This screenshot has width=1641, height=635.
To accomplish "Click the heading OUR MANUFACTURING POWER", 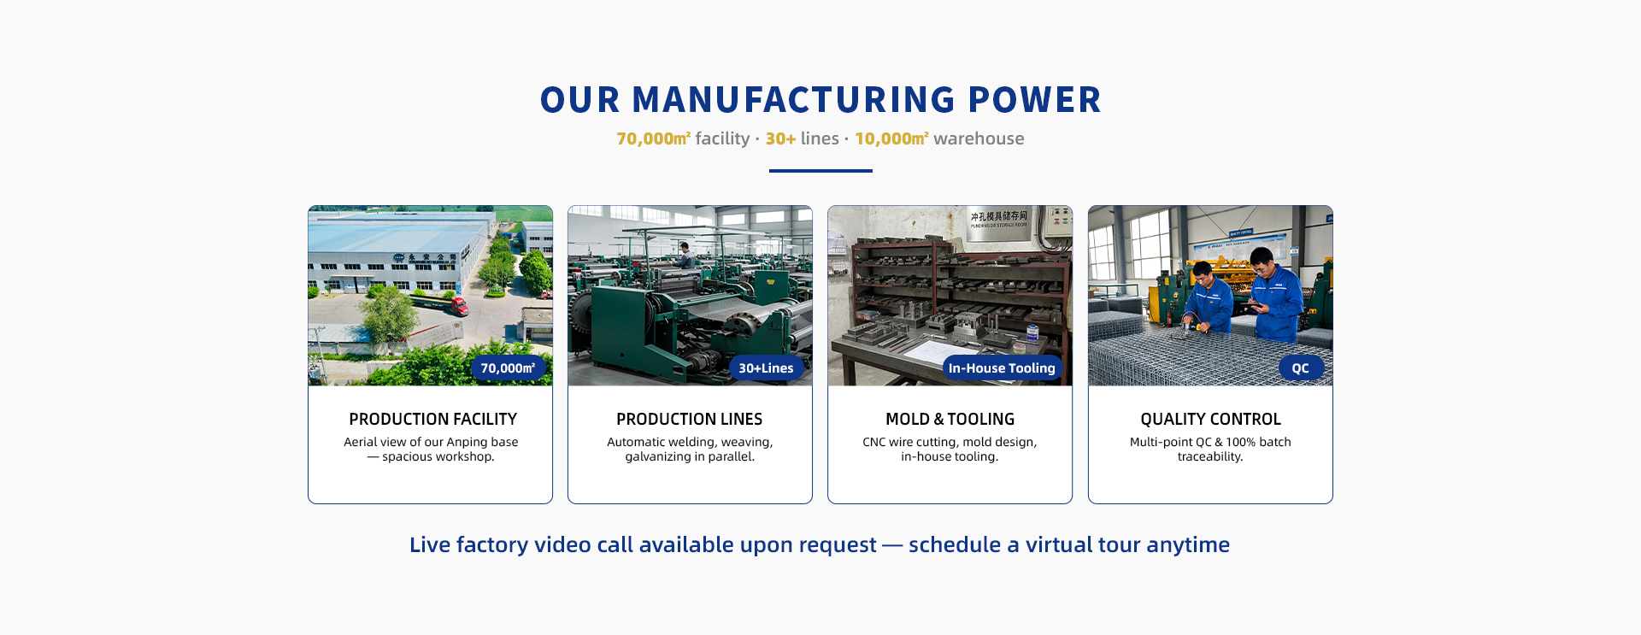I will coord(820,100).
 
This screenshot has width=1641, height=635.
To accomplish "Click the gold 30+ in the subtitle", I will coord(780,138).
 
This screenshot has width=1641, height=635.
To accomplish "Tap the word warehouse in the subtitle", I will coord(979,138).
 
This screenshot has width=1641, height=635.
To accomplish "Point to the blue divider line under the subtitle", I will coord(820,171).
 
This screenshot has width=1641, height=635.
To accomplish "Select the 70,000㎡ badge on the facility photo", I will coord(508,368).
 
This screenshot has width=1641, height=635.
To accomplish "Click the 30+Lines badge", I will coord(766,368).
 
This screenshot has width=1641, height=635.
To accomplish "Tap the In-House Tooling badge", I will coord(1002,368).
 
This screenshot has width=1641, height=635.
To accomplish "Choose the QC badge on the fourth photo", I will coord(1300,368).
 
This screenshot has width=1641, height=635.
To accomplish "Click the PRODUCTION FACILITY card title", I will coord(432,419).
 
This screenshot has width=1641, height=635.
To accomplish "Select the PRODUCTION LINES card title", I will coord(690,419).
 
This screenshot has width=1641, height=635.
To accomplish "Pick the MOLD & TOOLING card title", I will coord(950,419).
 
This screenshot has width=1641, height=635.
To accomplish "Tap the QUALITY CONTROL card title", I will coord(1210,419).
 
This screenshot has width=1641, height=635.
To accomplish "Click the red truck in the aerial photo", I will coord(458,305).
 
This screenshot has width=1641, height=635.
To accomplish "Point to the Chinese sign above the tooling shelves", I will coord(998,219).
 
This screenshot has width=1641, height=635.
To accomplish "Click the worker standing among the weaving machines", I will coord(685,255).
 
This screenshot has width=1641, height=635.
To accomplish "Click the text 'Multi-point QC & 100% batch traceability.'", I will coord(1210,449).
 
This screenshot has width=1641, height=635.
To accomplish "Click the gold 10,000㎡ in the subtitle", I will coord(891,138).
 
